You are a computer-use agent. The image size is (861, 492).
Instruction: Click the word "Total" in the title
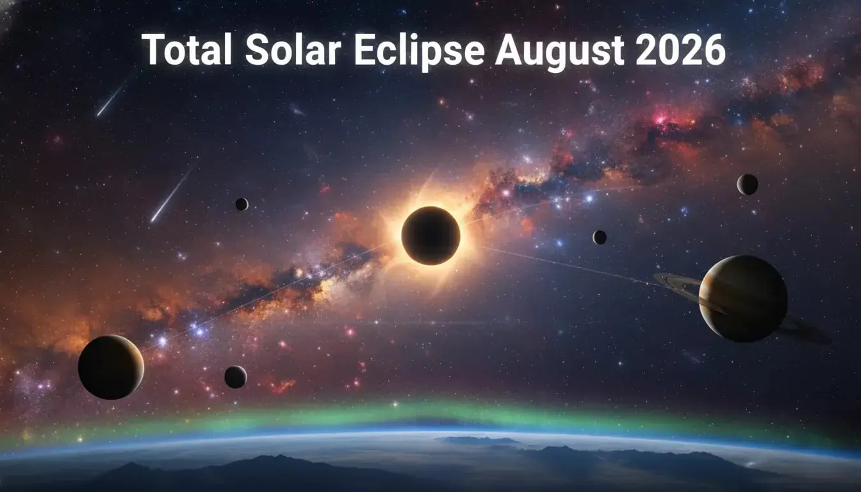point(186,50)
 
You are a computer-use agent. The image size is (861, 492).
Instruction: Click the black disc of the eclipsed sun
point(430,235)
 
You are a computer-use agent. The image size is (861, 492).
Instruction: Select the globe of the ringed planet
point(742,298)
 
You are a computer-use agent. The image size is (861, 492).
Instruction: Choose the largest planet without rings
point(111,367)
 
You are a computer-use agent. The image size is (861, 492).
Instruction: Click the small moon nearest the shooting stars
point(242,204)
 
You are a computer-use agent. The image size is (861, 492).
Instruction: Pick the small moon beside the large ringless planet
point(235,377)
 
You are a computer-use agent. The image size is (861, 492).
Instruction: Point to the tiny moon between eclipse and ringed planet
point(600,237)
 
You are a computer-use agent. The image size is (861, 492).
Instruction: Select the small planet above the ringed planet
point(747,184)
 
